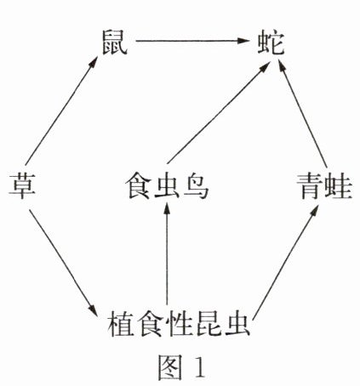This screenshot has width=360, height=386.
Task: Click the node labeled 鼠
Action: pyautogui.click(x=115, y=43)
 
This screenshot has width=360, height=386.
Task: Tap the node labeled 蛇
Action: pyautogui.click(x=271, y=43)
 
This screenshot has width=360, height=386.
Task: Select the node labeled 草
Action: pyautogui.click(x=21, y=186)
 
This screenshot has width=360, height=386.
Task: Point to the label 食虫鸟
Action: pyautogui.click(x=167, y=186)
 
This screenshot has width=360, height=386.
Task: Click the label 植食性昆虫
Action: pyautogui.click(x=179, y=324)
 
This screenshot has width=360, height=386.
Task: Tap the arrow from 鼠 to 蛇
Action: pyautogui.click(x=192, y=41)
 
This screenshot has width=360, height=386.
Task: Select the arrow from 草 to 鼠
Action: pyautogui.click(x=61, y=111)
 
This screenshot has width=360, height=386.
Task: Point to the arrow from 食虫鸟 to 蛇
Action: pyautogui.click(x=218, y=113)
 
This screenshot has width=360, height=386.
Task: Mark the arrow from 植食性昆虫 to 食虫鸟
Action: pyautogui.click(x=167, y=254)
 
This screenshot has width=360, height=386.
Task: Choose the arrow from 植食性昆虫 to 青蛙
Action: pyautogui.click(x=285, y=263)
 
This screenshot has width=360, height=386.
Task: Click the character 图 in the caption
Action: pyautogui.click(x=170, y=367)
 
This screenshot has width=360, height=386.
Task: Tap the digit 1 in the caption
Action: pyautogui.click(x=199, y=367)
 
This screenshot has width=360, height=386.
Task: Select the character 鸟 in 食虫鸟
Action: pyautogui.click(x=196, y=186)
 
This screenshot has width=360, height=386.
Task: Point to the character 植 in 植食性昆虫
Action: pyautogui.click(x=121, y=324)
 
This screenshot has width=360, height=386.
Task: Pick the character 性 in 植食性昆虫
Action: pyautogui.click(x=179, y=324)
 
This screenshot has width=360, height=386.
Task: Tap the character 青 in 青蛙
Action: pyautogui.click(x=311, y=186)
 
